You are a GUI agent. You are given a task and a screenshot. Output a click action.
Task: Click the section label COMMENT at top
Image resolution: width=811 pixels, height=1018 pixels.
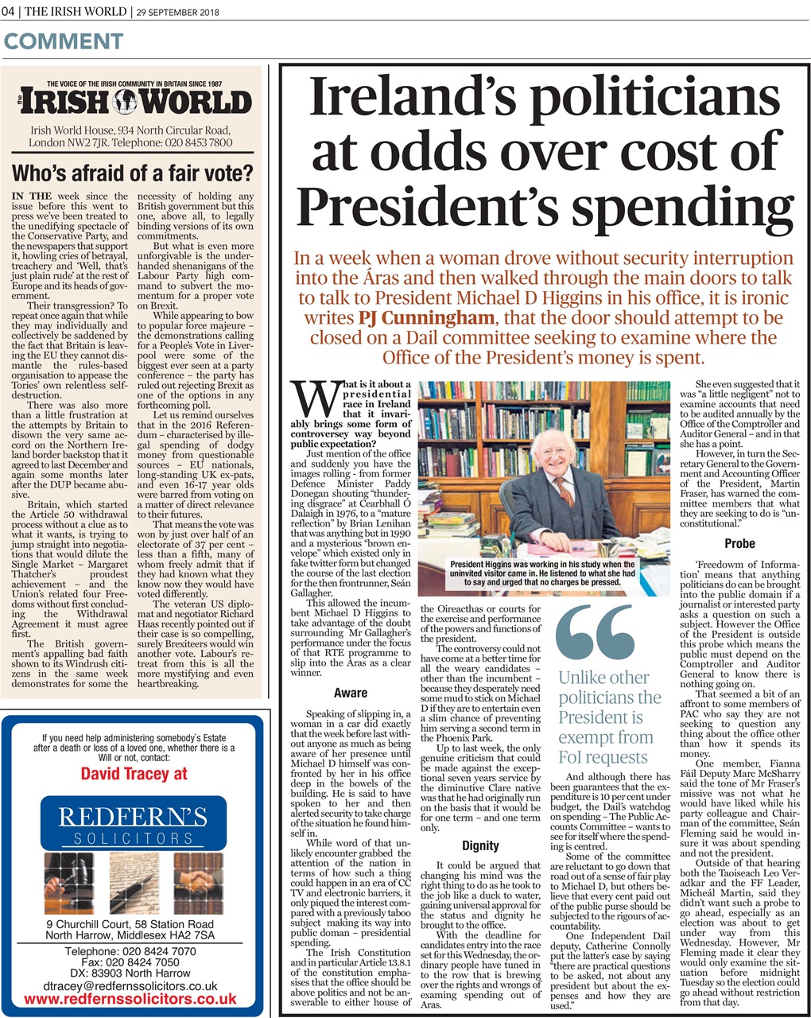[64, 41]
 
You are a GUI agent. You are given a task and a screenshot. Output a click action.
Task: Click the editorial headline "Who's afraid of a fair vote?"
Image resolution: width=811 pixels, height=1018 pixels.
[132, 173]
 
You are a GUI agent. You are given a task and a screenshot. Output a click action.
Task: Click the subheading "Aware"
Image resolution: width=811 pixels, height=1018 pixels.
[350, 693]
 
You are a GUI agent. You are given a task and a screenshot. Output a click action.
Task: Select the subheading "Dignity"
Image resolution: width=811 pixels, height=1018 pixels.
[480, 845]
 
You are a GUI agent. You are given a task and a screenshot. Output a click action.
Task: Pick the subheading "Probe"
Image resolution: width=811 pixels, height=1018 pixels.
[739, 544]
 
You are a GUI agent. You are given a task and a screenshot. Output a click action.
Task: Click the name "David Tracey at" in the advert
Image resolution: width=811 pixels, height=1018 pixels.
[134, 773]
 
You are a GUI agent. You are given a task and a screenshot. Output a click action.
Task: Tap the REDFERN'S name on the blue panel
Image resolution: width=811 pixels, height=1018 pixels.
[134, 817]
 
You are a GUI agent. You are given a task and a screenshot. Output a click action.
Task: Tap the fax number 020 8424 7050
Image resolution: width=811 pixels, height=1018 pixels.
[134, 962]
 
